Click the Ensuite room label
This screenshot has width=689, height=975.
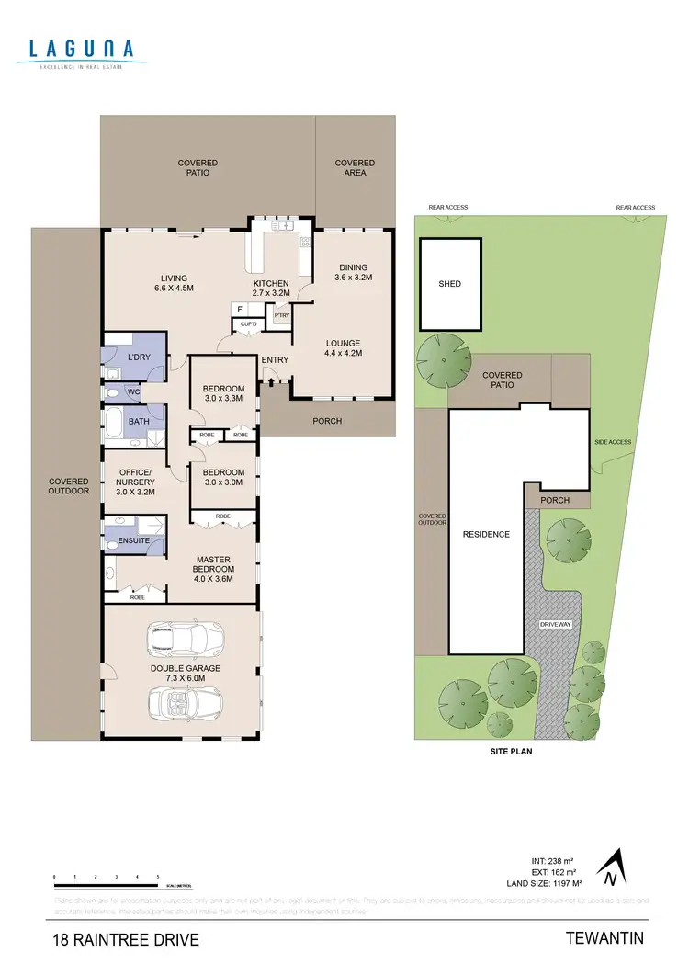point(134,541)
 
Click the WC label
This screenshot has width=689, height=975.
point(133,392)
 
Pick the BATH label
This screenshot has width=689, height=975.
point(139,422)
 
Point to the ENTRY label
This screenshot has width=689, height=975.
point(275,359)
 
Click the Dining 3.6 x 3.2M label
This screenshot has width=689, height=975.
point(354,273)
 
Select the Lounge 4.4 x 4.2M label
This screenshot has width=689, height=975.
point(343,348)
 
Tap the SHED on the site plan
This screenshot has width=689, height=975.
point(449,284)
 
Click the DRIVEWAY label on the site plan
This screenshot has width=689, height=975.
point(555,624)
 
